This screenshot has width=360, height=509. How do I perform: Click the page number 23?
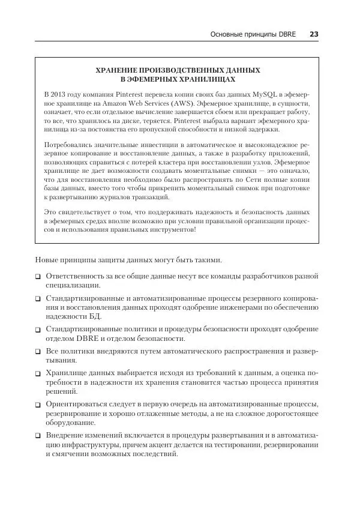coord(314,34)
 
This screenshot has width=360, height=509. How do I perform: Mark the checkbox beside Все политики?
coord(38,351)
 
